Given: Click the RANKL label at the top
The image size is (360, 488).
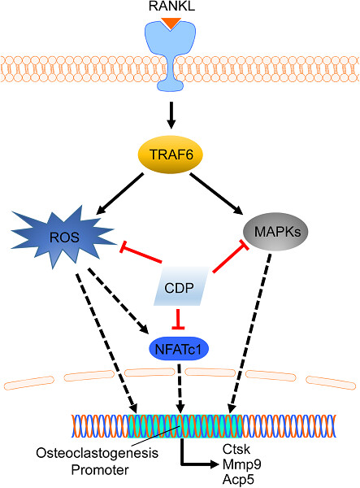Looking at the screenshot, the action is (x=171, y=7).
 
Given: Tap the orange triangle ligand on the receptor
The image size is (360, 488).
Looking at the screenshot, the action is (x=171, y=24).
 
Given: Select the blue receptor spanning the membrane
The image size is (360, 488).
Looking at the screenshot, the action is (x=171, y=55).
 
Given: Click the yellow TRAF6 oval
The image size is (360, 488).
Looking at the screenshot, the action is (x=171, y=155).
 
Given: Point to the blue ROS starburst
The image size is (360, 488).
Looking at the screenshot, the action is (x=63, y=237).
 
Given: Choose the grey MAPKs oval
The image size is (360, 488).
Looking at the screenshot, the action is (x=276, y=232).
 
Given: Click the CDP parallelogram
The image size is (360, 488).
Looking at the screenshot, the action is (x=181, y=286).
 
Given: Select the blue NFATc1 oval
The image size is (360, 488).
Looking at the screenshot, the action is (x=179, y=349).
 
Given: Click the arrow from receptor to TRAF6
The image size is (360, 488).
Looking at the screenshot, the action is (x=171, y=115).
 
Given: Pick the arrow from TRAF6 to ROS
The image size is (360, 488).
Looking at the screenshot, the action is (x=120, y=194).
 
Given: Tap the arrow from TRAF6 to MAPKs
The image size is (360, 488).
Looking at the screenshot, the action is (x=216, y=194).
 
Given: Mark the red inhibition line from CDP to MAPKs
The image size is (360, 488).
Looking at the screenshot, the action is (x=231, y=256).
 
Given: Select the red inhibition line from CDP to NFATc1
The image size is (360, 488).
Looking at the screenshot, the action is (x=178, y=319).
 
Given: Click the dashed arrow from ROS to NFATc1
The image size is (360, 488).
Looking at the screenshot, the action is (x=118, y=301).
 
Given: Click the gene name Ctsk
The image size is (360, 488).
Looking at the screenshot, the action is (x=236, y=449).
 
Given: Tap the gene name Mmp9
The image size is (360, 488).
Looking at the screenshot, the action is (x=242, y=464).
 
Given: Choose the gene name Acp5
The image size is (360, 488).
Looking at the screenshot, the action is (x=238, y=480).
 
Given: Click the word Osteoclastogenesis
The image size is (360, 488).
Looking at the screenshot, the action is (x=98, y=453).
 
